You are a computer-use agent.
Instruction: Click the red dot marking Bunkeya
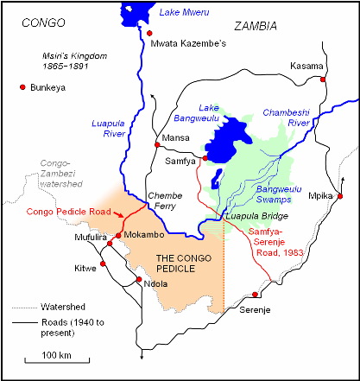click(22, 87)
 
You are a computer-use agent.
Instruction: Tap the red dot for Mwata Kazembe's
click(149, 33)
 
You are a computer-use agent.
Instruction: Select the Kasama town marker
click(324, 79)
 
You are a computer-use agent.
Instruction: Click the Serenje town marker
click(256, 295)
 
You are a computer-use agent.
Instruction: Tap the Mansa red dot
click(157, 144)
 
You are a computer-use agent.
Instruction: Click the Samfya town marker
click(205, 158)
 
